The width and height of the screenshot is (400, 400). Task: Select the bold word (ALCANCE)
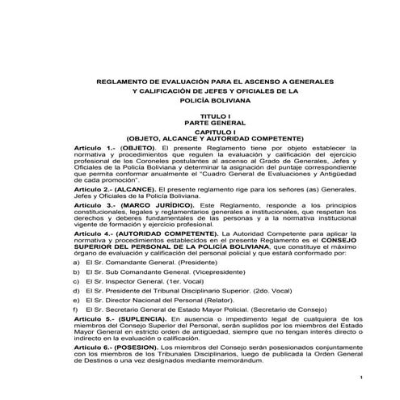click(136, 188)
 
